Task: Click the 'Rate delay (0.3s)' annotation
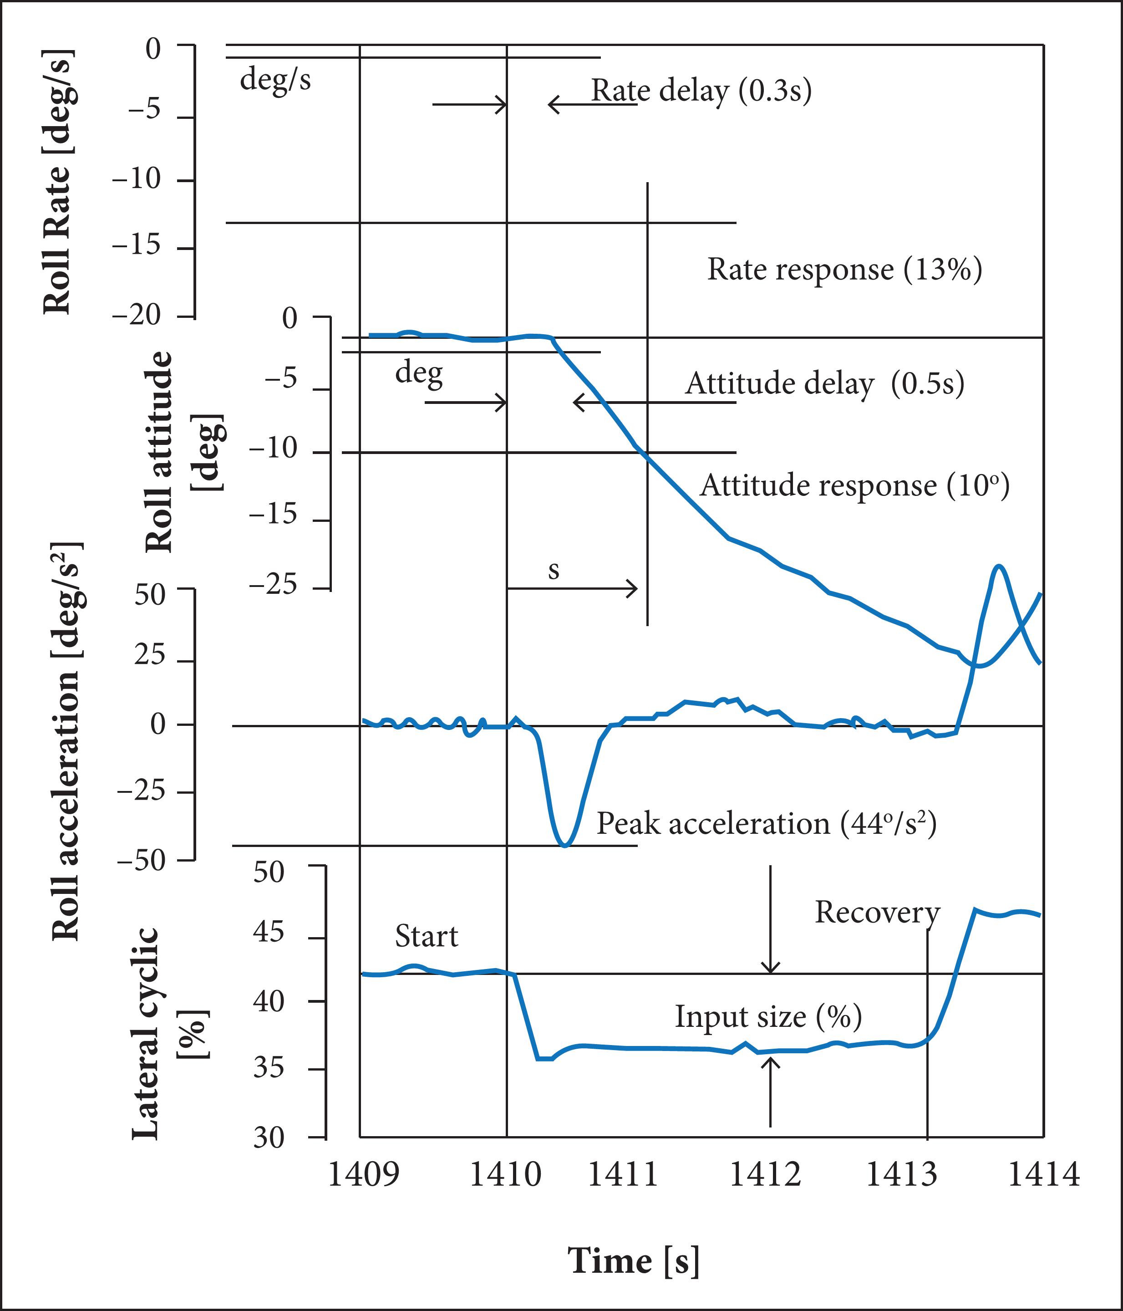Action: [x=701, y=91]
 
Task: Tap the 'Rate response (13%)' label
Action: [x=844, y=270]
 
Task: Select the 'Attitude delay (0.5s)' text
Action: [x=824, y=383]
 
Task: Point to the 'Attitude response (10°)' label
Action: [x=854, y=486]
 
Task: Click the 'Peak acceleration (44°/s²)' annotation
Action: [x=766, y=824]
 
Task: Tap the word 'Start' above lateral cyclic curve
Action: [x=426, y=936]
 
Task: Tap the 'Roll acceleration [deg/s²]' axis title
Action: [x=66, y=741]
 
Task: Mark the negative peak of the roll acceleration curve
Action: [x=565, y=845]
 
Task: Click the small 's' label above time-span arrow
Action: [x=554, y=571]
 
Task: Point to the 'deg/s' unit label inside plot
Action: [x=275, y=80]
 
